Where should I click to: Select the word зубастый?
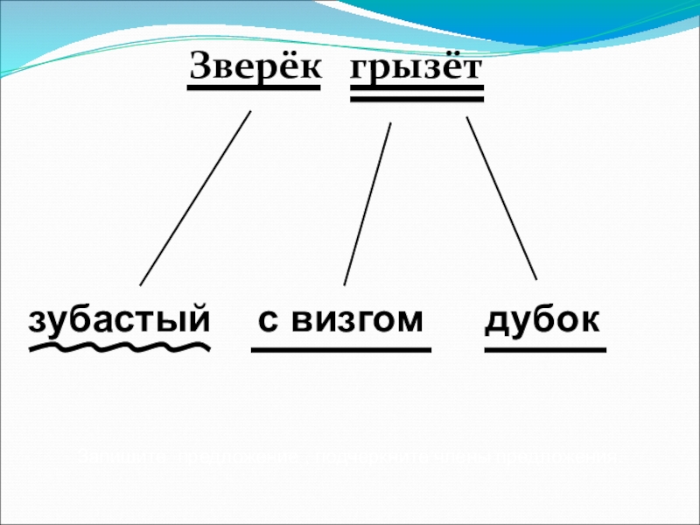coord(119,320)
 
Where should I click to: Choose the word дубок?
coord(543,320)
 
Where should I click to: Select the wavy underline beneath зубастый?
coord(119,349)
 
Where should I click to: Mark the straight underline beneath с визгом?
coord(341,350)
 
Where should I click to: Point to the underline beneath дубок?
coord(544,350)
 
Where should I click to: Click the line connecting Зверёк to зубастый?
coord(195,198)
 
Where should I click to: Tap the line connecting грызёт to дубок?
coord(501,198)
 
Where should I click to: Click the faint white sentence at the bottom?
coord(346,457)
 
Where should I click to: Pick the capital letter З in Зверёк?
coord(200,66)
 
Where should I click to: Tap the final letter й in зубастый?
coord(199,318)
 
